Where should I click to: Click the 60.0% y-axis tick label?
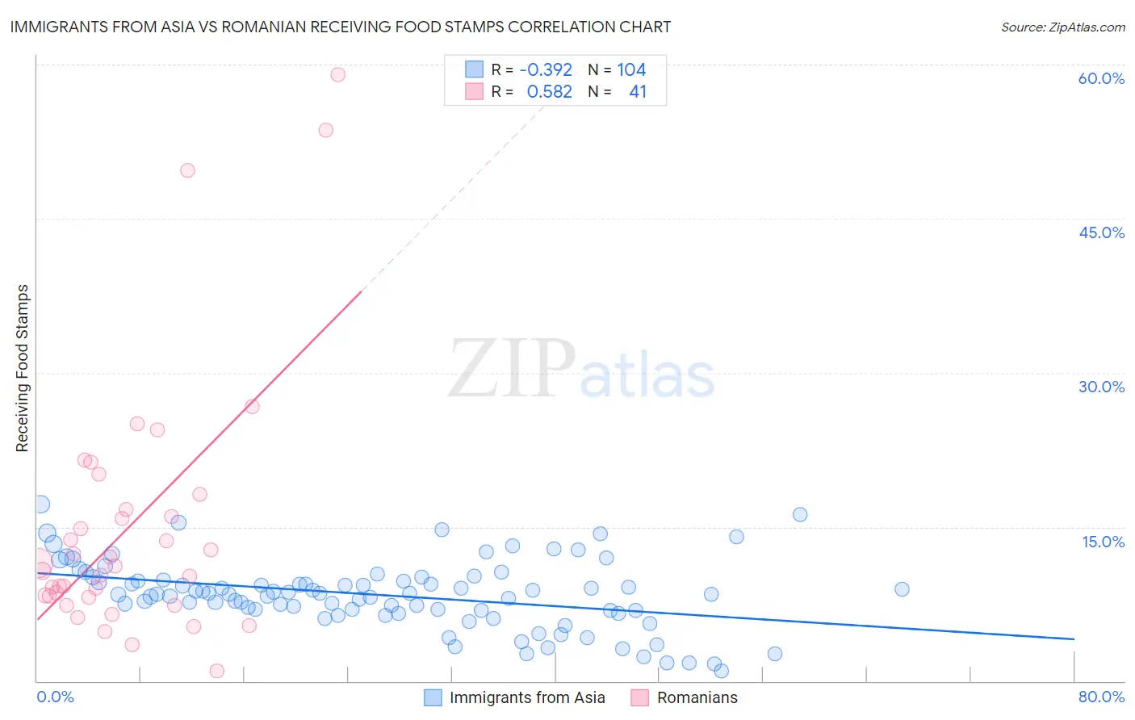pyautogui.click(x=1101, y=78)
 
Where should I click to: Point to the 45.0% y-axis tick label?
pyautogui.click(x=1101, y=232)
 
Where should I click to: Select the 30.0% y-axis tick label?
pyautogui.click(x=1101, y=387)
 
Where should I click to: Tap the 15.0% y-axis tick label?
pyautogui.click(x=1103, y=542)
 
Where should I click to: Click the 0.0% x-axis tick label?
pyautogui.click(x=56, y=697)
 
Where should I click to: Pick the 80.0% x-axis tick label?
pyautogui.click(x=1101, y=697)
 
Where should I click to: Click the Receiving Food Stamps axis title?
pyautogui.click(x=23, y=368)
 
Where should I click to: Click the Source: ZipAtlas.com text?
pyautogui.click(x=1062, y=27)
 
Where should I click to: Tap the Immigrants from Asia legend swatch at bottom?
pyautogui.click(x=433, y=697)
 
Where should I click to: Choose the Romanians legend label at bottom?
pyautogui.click(x=697, y=697)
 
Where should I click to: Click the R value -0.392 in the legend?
pyautogui.click(x=546, y=69)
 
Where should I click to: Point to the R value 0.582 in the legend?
pyautogui.click(x=549, y=91)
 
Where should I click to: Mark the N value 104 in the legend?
pyautogui.click(x=631, y=69)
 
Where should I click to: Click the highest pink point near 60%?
pyautogui.click(x=338, y=74)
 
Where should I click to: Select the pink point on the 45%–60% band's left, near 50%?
pyautogui.click(x=187, y=170)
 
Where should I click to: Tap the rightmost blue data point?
pyautogui.click(x=902, y=589)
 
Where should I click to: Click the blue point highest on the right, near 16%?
pyautogui.click(x=800, y=514)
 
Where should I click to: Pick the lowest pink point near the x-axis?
pyautogui.click(x=216, y=671)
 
